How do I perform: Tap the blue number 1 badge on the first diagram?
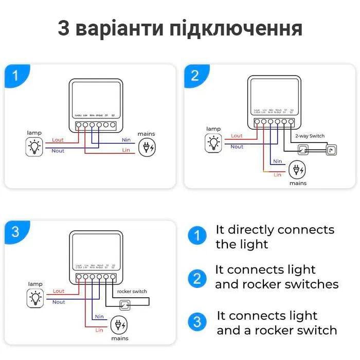point(15,76)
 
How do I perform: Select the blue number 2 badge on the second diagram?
point(195,76)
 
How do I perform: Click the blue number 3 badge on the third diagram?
point(15,231)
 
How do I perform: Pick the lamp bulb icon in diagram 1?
point(34,147)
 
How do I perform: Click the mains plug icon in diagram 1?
point(147,147)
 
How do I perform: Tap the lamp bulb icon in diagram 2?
point(213,142)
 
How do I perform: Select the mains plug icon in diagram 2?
point(296,169)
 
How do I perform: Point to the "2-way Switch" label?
point(310,136)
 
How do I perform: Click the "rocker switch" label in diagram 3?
point(132,291)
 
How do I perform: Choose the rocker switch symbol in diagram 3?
point(124,306)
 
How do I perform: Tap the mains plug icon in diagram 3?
point(119,326)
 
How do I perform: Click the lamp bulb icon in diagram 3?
point(35,297)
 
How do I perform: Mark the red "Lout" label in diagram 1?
point(58,139)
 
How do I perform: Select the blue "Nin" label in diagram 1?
point(125,139)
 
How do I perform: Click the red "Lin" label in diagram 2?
point(278,175)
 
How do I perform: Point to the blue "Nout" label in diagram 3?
point(59,302)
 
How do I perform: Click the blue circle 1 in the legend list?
point(196,236)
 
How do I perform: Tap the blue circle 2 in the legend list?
point(196,279)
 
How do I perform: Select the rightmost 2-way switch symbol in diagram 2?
point(331,150)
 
